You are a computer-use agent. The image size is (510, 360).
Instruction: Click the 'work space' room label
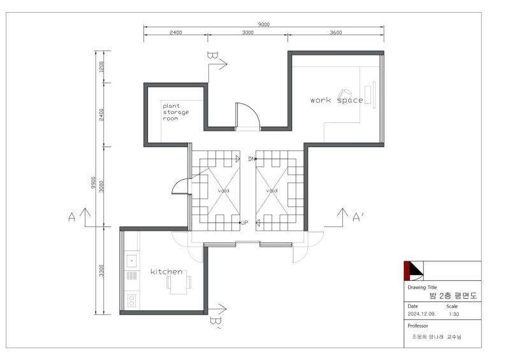337,100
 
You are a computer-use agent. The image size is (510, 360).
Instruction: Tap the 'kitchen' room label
166,271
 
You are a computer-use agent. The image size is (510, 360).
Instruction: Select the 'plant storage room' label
176,112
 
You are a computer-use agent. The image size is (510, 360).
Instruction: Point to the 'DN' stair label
251,159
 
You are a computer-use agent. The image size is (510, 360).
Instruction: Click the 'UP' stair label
245,223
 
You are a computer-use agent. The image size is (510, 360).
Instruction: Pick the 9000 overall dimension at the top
264,24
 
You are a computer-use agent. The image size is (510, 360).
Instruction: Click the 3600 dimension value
336,32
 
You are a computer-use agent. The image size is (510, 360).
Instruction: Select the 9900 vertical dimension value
94,183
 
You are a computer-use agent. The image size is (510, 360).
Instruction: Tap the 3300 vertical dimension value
101,271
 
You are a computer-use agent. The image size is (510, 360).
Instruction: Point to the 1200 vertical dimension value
101,67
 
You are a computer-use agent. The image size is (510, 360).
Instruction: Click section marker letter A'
358,217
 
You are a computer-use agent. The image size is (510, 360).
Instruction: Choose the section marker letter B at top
212,55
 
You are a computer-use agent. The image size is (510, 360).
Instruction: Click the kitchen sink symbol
131,261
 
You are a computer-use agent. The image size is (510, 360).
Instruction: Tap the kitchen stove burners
131,300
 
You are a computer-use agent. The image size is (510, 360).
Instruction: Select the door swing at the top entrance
248,115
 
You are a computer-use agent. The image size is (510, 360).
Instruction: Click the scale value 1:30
454,314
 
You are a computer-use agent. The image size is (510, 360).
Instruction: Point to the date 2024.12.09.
421,314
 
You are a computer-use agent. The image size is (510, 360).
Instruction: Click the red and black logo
414,271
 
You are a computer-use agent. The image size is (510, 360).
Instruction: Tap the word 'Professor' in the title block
418,326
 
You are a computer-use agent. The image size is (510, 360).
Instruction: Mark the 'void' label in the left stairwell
224,191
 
